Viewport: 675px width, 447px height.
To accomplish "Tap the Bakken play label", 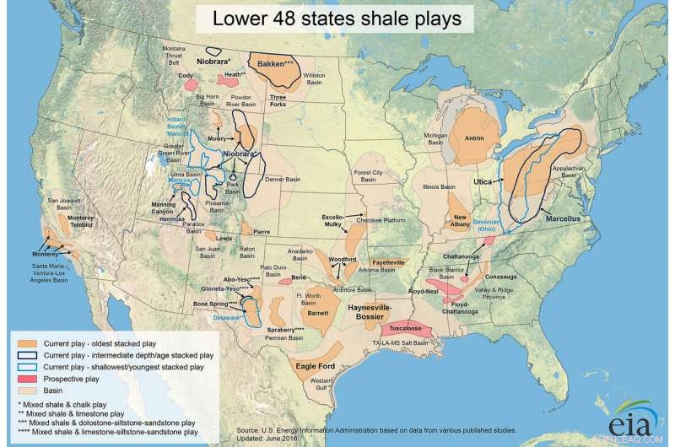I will [275, 63].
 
